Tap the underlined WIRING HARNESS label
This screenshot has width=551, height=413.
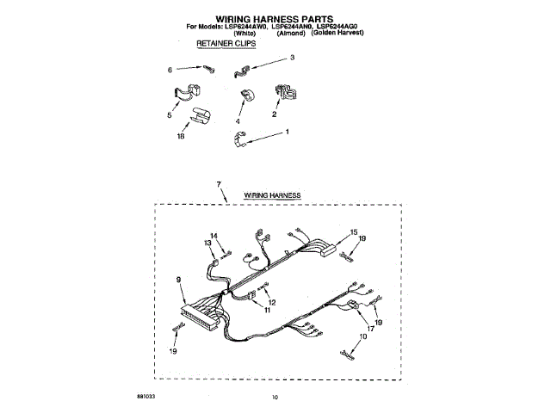tap(272, 196)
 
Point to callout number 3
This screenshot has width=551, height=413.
tap(292, 58)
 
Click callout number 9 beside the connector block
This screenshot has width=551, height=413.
tap(178, 279)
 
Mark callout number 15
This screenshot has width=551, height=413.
tap(353, 232)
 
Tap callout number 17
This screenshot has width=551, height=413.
tap(371, 327)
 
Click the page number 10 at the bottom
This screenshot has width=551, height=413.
tap(275, 397)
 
